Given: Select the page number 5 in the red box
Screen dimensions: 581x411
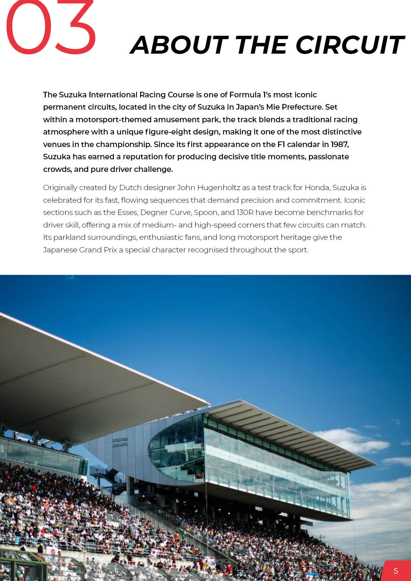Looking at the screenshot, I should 396,571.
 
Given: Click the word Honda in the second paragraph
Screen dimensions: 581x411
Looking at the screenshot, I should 317,188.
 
